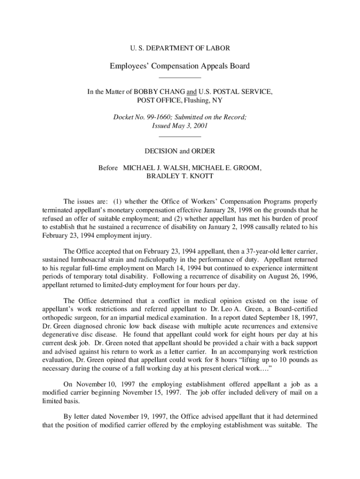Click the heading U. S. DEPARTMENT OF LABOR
click(180, 48)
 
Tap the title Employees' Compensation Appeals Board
click(180, 66)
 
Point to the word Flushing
click(198, 100)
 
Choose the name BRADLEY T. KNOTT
click(180, 176)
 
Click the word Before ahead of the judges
click(108, 167)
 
